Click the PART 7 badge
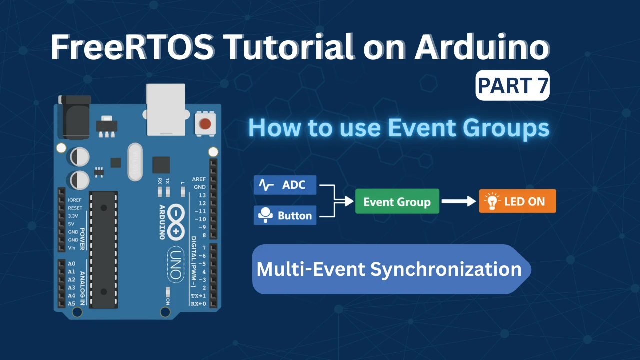pos(512,86)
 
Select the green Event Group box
pos(397,202)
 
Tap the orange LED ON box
pos(517,202)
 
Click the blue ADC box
pos(285,185)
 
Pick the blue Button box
pos(285,215)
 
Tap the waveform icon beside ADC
pos(267,186)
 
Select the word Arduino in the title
pos(480,48)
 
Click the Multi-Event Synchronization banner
pos(390,269)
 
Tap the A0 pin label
pos(71,263)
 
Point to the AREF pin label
pos(199,179)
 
